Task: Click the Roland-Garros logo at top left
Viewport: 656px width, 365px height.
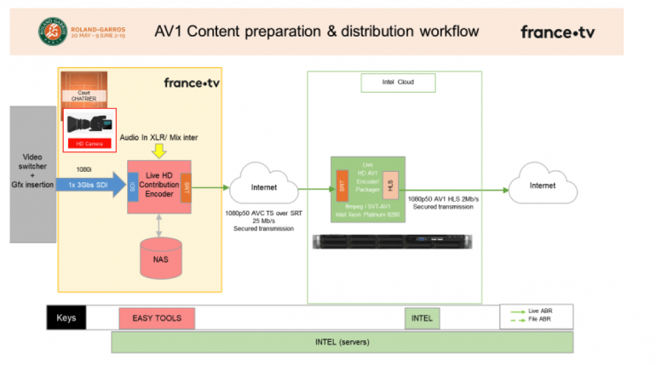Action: [x=53, y=31]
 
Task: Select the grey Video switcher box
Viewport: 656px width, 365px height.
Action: [x=32, y=174]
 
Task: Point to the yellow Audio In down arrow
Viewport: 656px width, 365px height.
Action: [x=158, y=150]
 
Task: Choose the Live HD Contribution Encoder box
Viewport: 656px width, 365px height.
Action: [x=158, y=186]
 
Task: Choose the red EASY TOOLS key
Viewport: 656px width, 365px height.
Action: [x=156, y=318]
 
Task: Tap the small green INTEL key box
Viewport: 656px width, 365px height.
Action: [x=422, y=319]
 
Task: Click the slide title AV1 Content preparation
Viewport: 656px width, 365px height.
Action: [x=316, y=31]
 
